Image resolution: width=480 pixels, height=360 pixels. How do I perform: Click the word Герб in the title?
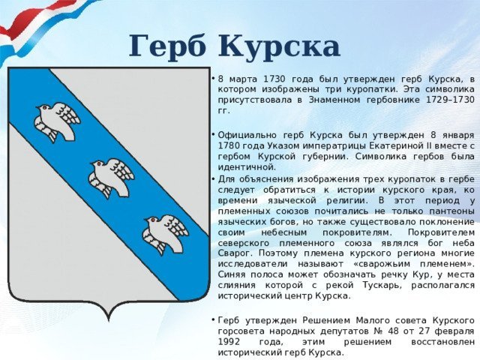click(x=168, y=46)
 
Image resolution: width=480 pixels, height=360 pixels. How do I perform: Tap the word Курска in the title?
click(x=279, y=46)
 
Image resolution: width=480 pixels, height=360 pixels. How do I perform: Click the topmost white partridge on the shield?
click(x=57, y=121)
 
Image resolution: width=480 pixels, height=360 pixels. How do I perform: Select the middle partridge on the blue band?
click(x=112, y=178)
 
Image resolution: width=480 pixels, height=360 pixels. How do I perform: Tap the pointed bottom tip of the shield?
click(x=109, y=321)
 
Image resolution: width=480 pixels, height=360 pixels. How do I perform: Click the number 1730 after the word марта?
click(x=274, y=79)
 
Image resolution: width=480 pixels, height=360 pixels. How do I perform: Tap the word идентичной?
click(x=247, y=167)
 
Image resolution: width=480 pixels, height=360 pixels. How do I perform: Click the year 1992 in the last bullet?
click(x=229, y=342)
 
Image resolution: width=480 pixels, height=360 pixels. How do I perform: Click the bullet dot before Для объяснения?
click(x=212, y=178)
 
